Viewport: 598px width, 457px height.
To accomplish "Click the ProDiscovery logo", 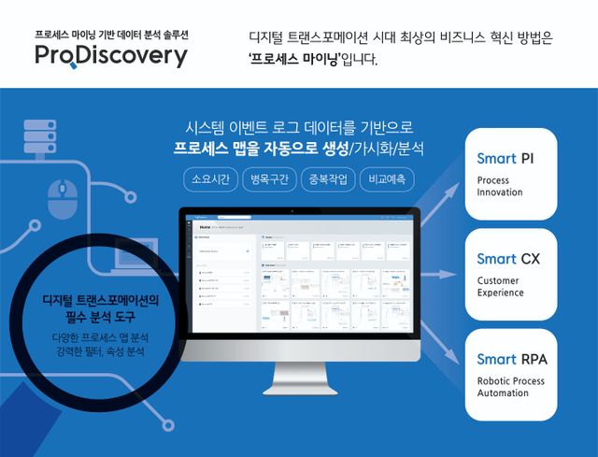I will coord(111,56).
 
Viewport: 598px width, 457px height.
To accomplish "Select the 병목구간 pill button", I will coord(268,178).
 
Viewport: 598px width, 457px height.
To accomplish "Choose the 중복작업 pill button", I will coord(328,178).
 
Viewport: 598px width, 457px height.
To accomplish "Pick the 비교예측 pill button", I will coord(388,178).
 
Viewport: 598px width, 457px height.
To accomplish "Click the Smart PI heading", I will coord(505,158).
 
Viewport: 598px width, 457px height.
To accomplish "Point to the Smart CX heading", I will coord(507,259).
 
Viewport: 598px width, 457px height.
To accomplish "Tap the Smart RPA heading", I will coord(511,359).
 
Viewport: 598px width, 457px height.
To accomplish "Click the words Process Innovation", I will coord(500,186).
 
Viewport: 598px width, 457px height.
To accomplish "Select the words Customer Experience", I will coord(501,286).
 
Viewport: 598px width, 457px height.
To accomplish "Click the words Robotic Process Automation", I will coord(510,387).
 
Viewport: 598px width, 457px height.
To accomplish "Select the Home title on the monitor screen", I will coord(205,227).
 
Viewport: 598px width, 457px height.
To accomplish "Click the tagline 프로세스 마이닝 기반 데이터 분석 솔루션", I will coord(111,33).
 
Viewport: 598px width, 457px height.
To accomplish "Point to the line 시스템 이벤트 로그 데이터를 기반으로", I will coord(299,126).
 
